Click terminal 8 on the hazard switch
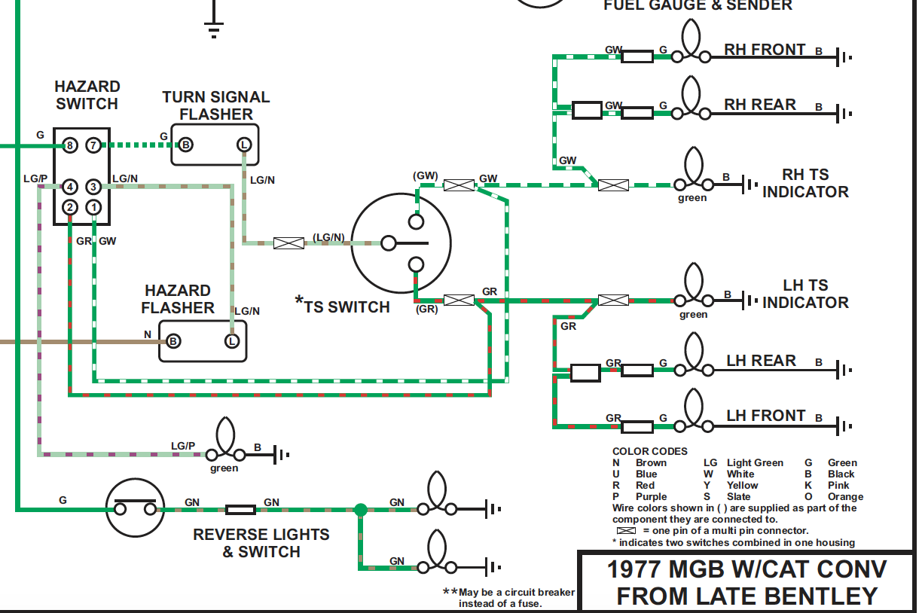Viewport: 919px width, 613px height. [69, 145]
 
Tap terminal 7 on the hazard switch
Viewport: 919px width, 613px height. [93, 145]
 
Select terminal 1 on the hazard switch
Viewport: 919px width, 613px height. [93, 207]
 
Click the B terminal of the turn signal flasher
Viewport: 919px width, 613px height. [185, 145]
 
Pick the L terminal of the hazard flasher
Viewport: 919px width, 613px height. [232, 341]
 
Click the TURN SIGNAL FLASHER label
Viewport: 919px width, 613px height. [215, 105]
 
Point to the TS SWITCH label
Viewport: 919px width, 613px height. [347, 307]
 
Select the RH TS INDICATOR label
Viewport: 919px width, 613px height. [805, 184]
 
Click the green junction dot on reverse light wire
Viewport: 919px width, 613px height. [360, 510]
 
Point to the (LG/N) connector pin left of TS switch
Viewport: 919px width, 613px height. [288, 243]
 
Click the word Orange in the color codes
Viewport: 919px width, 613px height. [845, 497]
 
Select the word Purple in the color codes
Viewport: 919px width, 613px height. [651, 497]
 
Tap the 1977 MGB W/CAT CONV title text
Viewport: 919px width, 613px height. [746, 569]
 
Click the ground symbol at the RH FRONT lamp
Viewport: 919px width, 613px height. [845, 56]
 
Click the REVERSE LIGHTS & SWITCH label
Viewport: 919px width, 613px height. [261, 543]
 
